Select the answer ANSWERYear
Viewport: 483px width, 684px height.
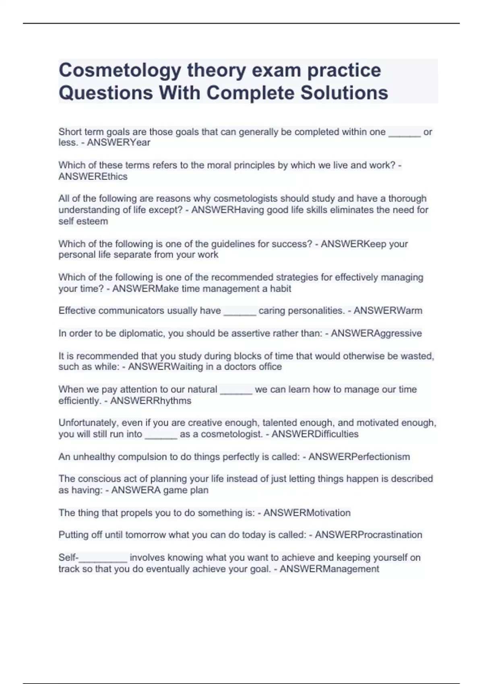pyautogui.click(x=118, y=143)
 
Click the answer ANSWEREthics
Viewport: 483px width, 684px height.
pyautogui.click(x=93, y=177)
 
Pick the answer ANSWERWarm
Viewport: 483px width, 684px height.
pyautogui.click(x=388, y=311)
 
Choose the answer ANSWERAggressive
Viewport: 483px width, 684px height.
pyautogui.click(x=376, y=333)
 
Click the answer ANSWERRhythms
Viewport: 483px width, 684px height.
pyautogui.click(x=151, y=401)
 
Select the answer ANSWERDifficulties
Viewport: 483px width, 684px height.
pyautogui.click(x=315, y=434)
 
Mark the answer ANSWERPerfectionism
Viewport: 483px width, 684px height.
pyautogui.click(x=359, y=457)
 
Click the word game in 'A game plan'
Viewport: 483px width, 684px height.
pyautogui.click(x=176, y=490)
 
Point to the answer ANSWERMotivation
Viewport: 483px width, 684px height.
pyautogui.click(x=307, y=513)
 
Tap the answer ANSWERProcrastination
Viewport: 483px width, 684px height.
pyautogui.click(x=368, y=535)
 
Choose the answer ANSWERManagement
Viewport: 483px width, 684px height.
pyautogui.click(x=329, y=569)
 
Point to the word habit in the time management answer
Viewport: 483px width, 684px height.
pyautogui.click(x=281, y=289)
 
